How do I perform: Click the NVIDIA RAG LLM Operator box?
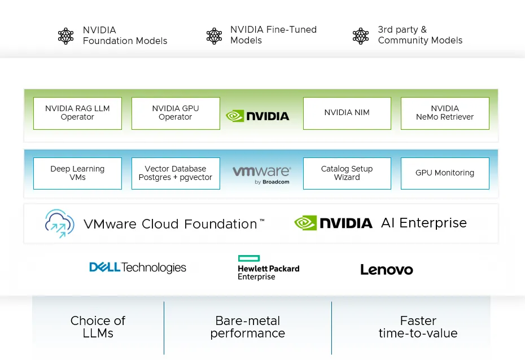(77, 113)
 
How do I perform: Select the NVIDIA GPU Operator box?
(176, 113)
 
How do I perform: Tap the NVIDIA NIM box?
(347, 113)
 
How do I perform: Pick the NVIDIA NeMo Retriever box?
(445, 113)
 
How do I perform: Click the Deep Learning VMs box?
(77, 173)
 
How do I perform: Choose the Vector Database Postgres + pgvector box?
(176, 173)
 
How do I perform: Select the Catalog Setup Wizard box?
(347, 173)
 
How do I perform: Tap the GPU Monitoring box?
(445, 173)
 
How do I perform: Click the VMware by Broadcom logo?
(261, 174)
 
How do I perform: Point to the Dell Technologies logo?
(138, 267)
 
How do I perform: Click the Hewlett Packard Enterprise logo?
(268, 268)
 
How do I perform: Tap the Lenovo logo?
(387, 270)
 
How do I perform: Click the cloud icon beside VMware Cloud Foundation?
(60, 223)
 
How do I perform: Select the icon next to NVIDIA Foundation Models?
(66, 36)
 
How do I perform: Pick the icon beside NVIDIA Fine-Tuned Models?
(214, 36)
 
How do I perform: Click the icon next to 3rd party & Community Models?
(361, 36)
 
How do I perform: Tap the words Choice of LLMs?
(98, 327)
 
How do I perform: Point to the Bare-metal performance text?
(248, 327)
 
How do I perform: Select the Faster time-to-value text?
(418, 327)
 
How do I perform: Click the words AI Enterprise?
(424, 223)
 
